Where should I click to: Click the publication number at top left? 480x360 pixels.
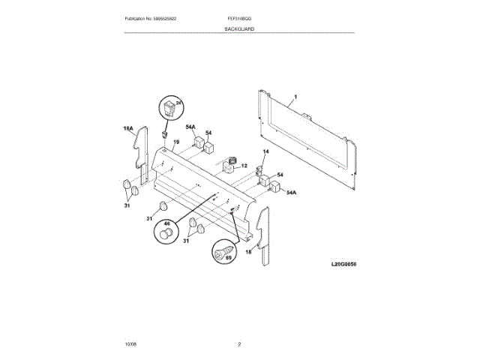click(x=155, y=17)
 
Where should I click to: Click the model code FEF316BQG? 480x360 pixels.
click(x=239, y=17)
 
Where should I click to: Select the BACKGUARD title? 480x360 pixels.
click(x=239, y=28)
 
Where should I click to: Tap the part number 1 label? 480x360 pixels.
click(x=295, y=97)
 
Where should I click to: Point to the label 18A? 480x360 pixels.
click(x=128, y=129)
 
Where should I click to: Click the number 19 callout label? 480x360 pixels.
click(x=176, y=142)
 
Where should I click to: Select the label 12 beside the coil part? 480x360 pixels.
click(x=244, y=166)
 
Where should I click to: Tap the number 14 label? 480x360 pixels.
click(x=264, y=152)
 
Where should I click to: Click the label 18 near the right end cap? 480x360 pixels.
click(x=248, y=252)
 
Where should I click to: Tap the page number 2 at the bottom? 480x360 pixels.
click(x=239, y=343)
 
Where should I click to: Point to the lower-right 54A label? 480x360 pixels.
click(x=291, y=193)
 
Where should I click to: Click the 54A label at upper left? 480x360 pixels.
click(x=191, y=127)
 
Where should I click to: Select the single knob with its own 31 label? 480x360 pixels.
click(x=163, y=206)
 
